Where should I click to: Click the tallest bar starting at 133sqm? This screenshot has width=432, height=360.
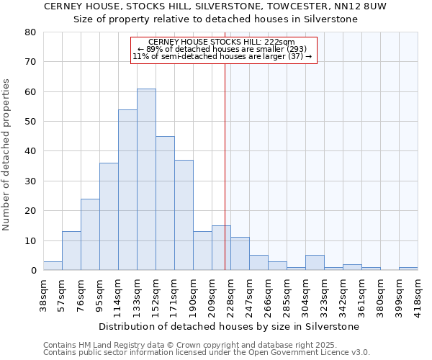[x=146, y=180]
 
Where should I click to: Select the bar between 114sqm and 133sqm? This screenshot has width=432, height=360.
[x=127, y=190]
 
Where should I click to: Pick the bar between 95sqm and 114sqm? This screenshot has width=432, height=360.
[x=109, y=217]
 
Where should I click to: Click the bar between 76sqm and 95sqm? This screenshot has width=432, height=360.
[x=90, y=235]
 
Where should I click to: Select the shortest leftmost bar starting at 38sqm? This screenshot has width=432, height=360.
[x=53, y=266]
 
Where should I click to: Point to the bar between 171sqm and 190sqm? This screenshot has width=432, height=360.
[x=184, y=215]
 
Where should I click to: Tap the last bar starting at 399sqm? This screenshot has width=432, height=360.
[x=408, y=269]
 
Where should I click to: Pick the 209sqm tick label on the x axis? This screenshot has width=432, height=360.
[x=212, y=296]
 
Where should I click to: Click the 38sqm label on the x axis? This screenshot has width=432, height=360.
[x=43, y=296]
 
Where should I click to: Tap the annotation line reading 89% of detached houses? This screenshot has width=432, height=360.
[x=223, y=50]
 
